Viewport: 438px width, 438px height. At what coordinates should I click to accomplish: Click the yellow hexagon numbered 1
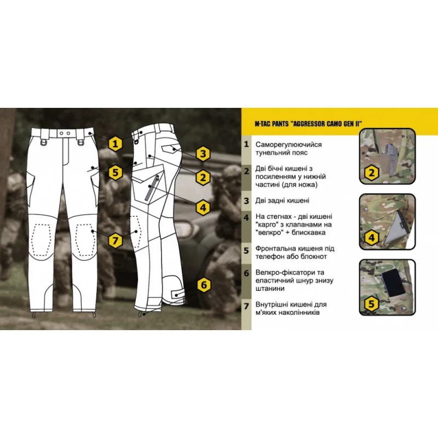click(x=116, y=144)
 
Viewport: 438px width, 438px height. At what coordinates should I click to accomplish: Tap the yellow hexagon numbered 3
click(x=203, y=154)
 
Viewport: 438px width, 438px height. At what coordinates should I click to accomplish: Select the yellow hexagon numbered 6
click(x=204, y=285)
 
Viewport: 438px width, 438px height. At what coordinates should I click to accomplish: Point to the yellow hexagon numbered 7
click(x=116, y=240)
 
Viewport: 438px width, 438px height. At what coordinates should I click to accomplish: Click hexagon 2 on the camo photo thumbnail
click(x=372, y=173)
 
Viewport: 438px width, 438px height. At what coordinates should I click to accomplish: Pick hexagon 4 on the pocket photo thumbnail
click(x=372, y=238)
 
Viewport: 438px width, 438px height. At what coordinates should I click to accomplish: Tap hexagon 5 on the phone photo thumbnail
click(x=372, y=303)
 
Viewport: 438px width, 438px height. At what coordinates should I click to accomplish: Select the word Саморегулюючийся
click(x=289, y=145)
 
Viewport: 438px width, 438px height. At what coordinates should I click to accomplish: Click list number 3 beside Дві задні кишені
click(x=246, y=200)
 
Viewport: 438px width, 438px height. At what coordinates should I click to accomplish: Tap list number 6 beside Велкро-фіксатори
click(x=246, y=273)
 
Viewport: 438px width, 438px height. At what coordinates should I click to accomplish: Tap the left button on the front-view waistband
click(x=62, y=134)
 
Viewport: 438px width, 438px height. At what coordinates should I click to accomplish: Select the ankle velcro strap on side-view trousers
click(x=177, y=295)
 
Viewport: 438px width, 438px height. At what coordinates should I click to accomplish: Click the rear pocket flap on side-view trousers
click(x=170, y=148)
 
